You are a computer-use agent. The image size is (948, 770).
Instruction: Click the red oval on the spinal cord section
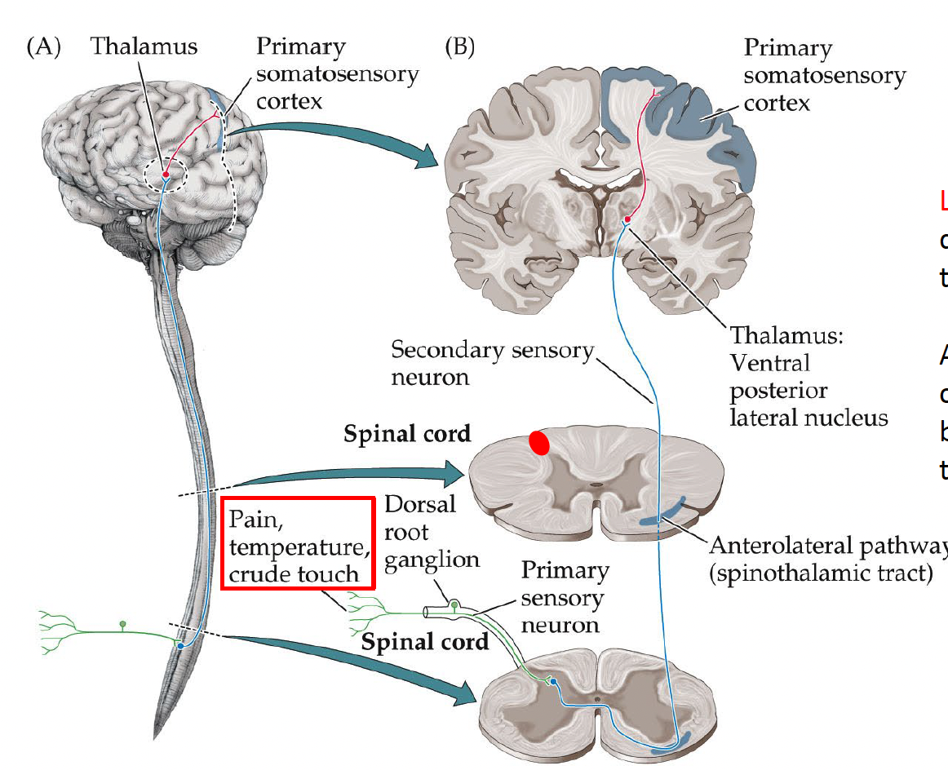coord(538,441)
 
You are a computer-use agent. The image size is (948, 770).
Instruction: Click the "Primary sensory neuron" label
coord(565,597)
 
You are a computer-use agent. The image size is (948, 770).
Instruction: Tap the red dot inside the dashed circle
coord(166,175)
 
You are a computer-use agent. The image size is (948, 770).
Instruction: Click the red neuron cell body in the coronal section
coord(627,219)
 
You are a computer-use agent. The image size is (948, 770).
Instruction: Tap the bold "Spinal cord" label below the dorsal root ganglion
coord(425,642)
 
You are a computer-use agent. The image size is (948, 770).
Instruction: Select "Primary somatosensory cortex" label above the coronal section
coord(824,76)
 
